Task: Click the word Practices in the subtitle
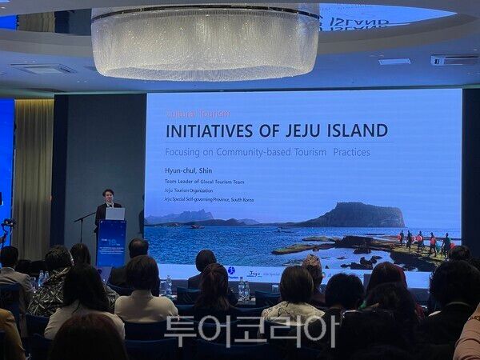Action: click(x=351, y=151)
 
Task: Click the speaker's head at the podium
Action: click(x=108, y=195)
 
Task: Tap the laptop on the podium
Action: click(x=115, y=214)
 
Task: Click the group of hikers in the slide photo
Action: click(x=424, y=241)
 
